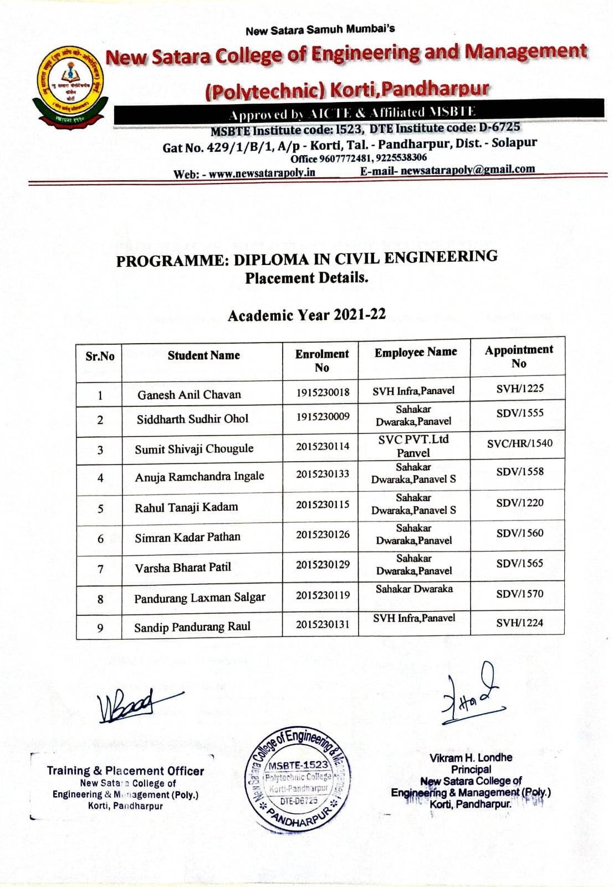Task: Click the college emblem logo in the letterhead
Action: [70, 87]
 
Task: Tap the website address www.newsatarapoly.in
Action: [262, 173]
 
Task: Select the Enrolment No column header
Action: [321, 360]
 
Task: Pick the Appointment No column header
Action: [519, 356]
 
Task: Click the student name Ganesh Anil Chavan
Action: [189, 395]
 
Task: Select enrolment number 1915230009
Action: [323, 416]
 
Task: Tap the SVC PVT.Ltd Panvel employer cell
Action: [413, 446]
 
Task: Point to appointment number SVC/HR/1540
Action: [519, 443]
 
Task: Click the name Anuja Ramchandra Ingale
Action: [199, 476]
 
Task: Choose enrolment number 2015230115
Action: [323, 504]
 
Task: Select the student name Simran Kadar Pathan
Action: [187, 537]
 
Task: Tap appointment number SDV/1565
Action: [519, 563]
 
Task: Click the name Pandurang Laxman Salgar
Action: [200, 598]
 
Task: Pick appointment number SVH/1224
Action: [519, 623]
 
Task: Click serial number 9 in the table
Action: [100, 628]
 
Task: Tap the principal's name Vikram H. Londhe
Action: [471, 757]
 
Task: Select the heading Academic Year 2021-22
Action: [306, 315]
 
